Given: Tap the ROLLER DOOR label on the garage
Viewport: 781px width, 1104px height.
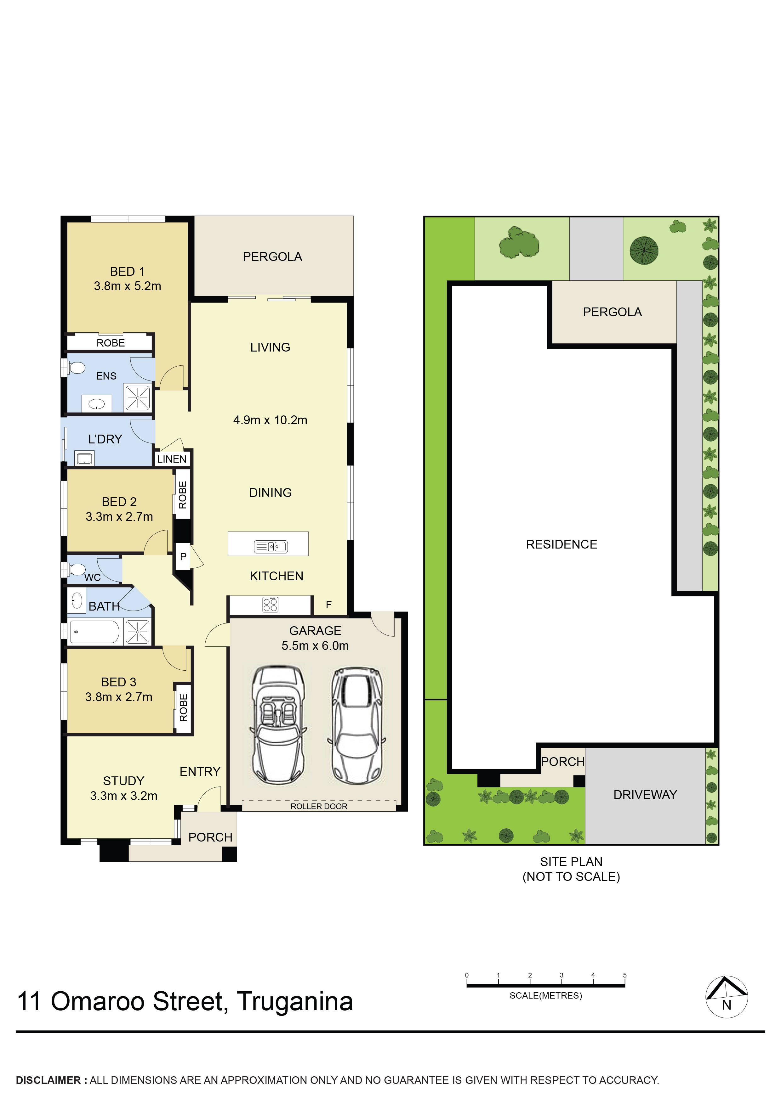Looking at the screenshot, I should tap(319, 806).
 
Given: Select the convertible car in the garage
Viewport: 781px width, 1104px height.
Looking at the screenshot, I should tap(278, 725).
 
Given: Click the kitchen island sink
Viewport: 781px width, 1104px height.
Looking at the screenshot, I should tap(271, 547).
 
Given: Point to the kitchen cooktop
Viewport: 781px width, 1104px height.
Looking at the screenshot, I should tap(271, 605).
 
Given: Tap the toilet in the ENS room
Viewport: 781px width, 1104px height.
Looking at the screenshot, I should tap(76, 368).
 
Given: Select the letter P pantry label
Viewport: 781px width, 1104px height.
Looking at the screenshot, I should tap(183, 556).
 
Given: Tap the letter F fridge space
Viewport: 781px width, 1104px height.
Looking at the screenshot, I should tap(329, 605).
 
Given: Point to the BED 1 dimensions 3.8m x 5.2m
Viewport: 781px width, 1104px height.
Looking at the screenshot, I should tap(128, 286).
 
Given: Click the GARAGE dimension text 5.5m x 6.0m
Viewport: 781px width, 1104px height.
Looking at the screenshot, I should tap(315, 646).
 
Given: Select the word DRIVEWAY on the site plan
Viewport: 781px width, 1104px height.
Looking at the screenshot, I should tap(645, 795).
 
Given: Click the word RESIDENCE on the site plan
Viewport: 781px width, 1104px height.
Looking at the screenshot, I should tap(561, 544).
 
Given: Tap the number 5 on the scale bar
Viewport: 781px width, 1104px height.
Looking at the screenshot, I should tap(624, 975).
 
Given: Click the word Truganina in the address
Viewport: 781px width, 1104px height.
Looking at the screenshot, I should tap(295, 1002).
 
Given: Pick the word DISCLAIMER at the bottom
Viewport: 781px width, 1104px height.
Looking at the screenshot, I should tap(48, 1080).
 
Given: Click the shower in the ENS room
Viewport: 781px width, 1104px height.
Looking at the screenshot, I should tap(138, 398).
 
